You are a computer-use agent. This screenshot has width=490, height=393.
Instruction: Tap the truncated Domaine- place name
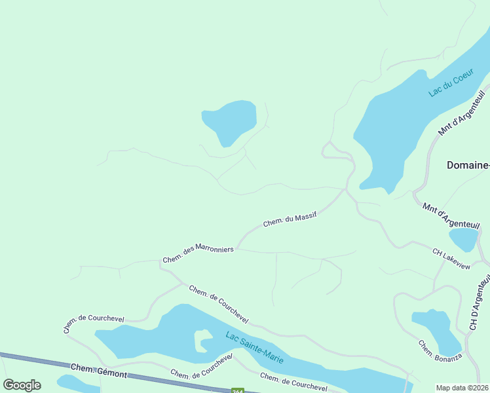coord(468,165)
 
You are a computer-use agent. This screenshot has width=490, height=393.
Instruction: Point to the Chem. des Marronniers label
coord(198,254)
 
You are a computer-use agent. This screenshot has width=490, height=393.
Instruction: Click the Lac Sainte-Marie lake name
coord(254,345)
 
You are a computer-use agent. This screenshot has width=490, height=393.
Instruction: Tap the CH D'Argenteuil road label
coord(481,301)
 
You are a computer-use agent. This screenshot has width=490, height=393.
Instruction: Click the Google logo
coord(22,385)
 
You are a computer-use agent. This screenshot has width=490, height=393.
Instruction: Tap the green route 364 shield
coord(238,390)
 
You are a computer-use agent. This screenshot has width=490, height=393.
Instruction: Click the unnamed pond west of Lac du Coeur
coord(230,121)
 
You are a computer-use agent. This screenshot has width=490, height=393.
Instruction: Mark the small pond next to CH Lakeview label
coord(464,239)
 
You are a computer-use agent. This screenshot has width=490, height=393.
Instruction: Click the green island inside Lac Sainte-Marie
coord(203,341)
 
